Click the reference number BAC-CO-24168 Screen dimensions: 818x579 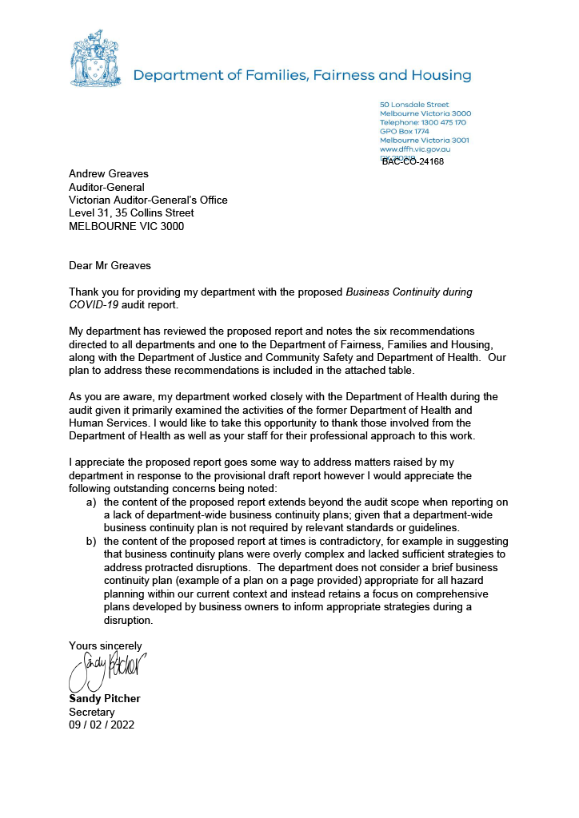tap(413, 161)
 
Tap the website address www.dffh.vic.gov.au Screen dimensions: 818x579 tap(415, 149)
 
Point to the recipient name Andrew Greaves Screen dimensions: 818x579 tap(109, 174)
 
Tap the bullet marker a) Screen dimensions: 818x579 tap(92, 502)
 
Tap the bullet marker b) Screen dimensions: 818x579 tap(92, 541)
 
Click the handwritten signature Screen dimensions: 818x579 tap(109, 669)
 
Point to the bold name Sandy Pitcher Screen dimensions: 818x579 tap(105, 698)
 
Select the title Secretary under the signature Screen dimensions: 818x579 tap(92, 712)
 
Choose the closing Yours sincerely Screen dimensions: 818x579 tap(106, 645)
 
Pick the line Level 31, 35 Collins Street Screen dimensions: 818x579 tap(131, 213)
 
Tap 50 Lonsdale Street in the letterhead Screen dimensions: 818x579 tap(414, 105)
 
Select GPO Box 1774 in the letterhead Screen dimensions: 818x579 tap(404, 131)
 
